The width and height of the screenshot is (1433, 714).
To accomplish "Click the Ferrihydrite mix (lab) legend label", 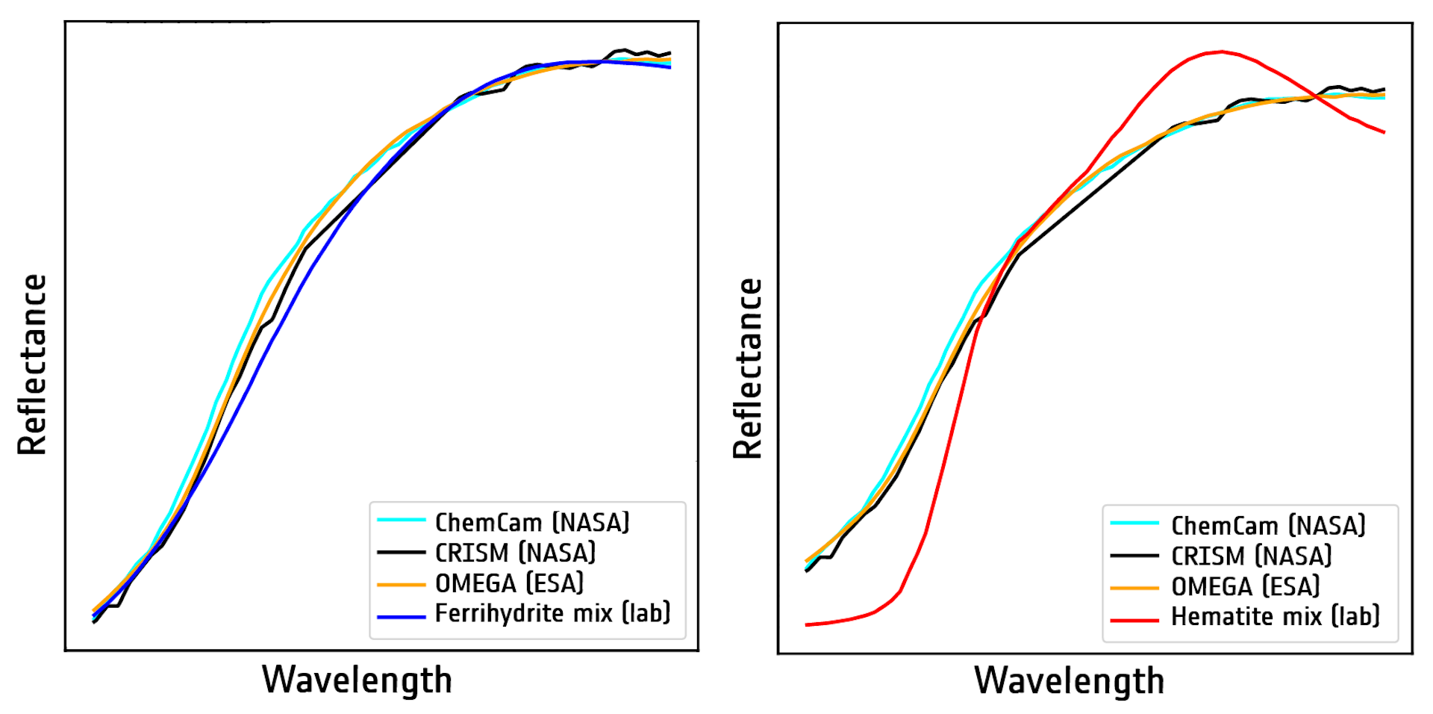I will [552, 613].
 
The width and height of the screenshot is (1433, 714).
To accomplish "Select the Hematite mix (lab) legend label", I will [1275, 617].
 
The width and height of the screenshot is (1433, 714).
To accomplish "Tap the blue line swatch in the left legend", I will [402, 617].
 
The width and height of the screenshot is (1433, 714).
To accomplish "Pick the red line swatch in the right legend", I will [1134, 620].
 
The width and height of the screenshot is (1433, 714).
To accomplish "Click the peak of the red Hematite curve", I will [1221, 52].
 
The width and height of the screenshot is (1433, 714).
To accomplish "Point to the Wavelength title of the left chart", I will [357, 680].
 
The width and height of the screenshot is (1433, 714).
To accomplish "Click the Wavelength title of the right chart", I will [1069, 680].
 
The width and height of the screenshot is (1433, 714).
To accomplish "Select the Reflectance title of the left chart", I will [32, 364].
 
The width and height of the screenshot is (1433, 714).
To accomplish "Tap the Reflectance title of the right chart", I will [747, 368].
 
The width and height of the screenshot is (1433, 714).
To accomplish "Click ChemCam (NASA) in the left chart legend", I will [532, 522].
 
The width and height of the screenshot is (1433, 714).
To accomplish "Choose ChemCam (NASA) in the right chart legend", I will [1268, 526].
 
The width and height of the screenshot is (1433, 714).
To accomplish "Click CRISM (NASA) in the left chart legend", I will [515, 553].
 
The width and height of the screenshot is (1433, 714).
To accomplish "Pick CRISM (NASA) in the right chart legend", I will [1251, 556].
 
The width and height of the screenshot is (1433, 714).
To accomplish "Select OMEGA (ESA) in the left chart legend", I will [509, 583].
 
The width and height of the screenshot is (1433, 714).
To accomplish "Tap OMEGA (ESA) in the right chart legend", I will [1245, 587].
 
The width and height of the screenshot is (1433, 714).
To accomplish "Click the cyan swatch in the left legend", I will [402, 520].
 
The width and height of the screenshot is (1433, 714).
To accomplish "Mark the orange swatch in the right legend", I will [1134, 589].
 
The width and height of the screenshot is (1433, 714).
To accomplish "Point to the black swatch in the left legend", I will [402, 553].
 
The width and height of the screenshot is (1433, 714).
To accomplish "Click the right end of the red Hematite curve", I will [1384, 132].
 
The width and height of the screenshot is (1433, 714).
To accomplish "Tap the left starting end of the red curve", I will [807, 624].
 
